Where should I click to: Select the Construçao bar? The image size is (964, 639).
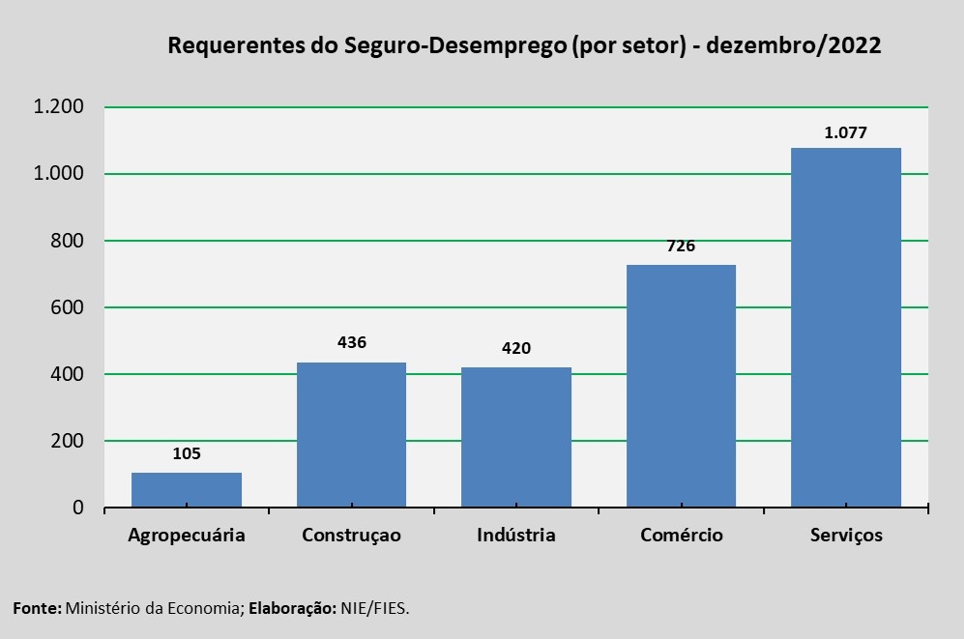(351, 435)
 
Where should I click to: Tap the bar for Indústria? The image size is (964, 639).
(516, 438)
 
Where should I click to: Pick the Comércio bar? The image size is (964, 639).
(681, 387)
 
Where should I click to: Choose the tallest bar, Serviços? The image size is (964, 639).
(846, 328)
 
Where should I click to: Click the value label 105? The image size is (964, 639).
(187, 453)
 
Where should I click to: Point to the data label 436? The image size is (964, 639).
(351, 342)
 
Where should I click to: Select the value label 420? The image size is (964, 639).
(516, 348)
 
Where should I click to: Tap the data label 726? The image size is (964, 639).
(681, 246)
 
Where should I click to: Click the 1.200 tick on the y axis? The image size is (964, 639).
(59, 107)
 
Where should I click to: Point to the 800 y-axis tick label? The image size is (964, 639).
(68, 241)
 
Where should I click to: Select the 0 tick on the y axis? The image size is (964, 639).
(79, 508)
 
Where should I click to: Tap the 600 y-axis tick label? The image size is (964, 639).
(68, 307)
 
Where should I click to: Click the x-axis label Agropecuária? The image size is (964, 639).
(187, 536)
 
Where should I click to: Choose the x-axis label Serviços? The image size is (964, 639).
(846, 536)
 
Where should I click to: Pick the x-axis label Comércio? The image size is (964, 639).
(681, 536)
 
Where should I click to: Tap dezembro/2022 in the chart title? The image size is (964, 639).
(794, 46)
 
